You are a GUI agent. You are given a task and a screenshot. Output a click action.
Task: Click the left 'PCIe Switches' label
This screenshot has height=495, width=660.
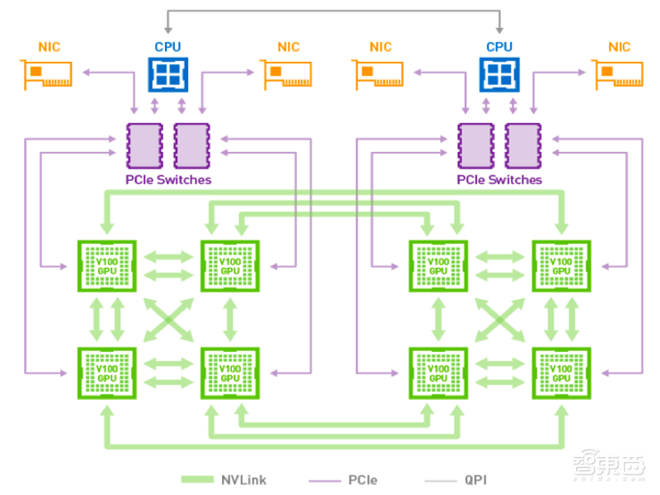point(168,179)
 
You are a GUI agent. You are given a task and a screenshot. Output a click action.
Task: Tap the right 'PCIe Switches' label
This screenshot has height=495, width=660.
point(499,179)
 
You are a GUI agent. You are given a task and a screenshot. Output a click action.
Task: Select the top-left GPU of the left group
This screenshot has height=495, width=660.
point(106,266)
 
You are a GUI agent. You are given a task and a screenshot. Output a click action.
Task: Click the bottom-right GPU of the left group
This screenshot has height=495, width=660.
point(230,372)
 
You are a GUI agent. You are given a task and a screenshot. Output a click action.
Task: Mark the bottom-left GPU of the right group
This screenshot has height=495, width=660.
point(438,372)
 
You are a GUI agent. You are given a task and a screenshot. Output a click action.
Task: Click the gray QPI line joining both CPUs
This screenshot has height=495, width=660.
point(333,10)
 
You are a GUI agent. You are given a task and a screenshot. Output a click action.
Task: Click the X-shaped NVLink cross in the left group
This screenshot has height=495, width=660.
point(168,319)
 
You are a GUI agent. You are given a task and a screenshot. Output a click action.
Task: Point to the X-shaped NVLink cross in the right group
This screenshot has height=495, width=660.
point(499,319)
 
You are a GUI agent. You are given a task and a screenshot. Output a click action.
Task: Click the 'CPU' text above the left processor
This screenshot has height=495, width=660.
point(168,47)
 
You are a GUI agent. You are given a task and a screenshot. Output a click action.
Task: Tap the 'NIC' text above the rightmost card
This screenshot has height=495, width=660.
point(619,47)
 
